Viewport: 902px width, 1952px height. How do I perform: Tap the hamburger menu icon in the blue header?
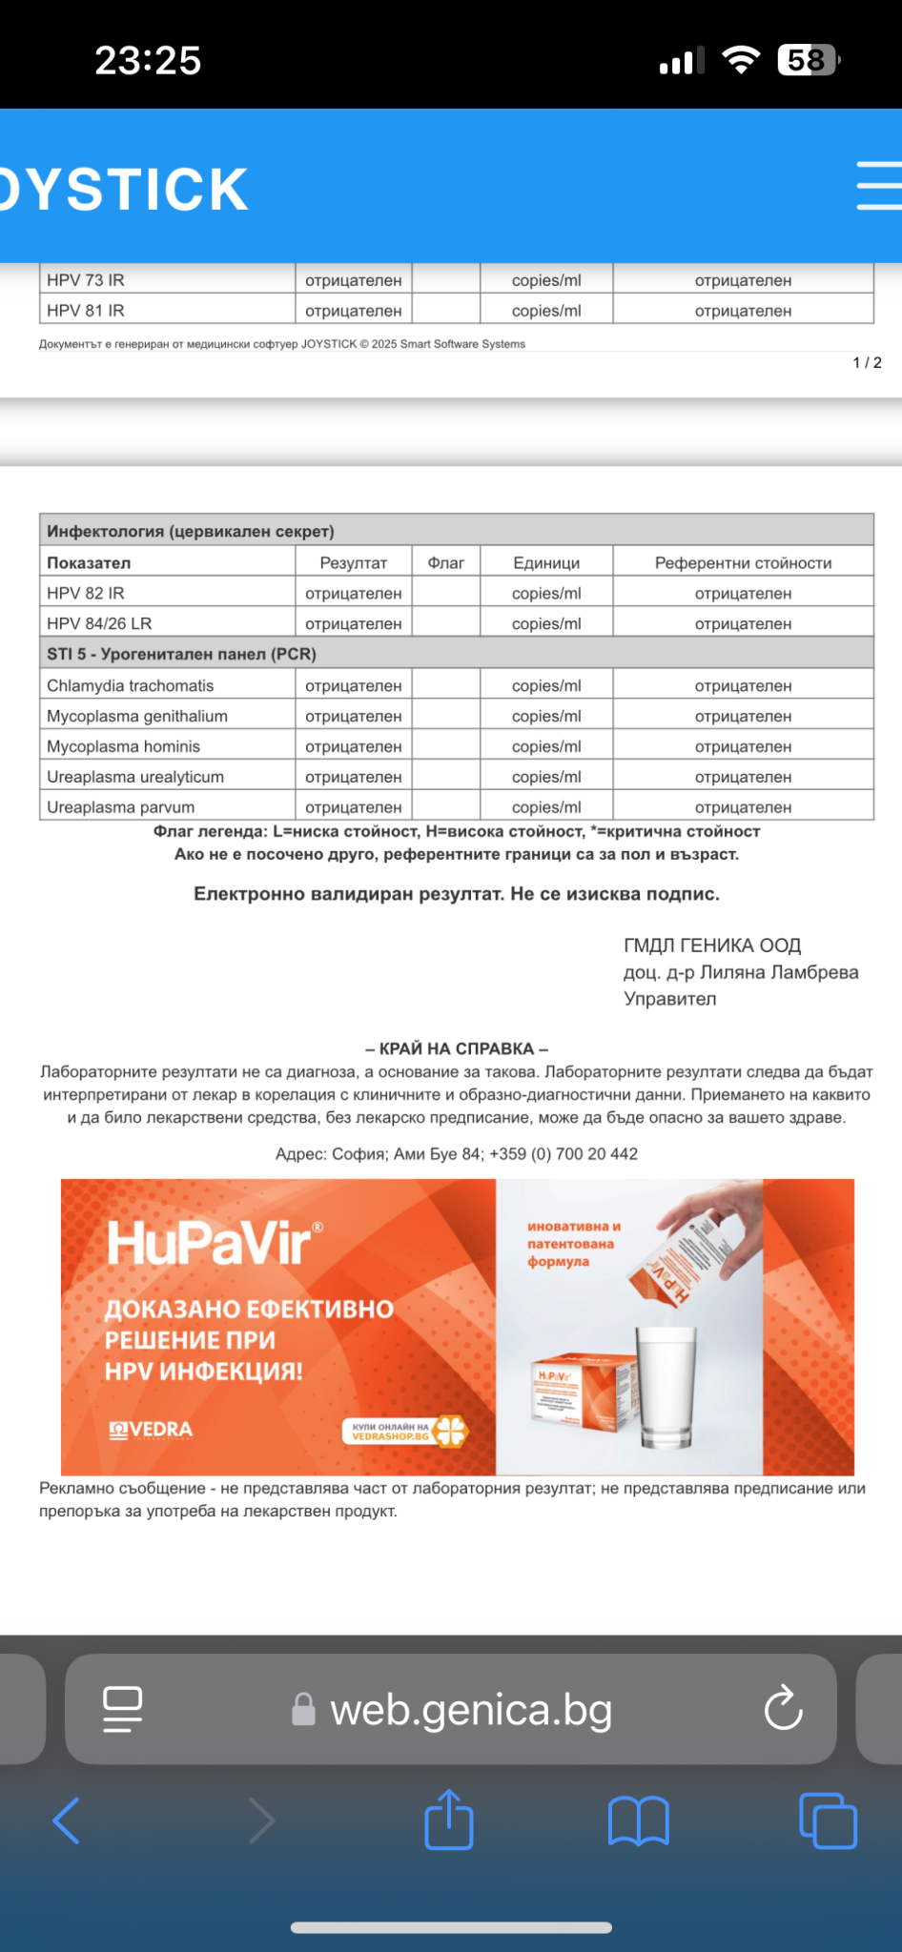pyautogui.click(x=878, y=185)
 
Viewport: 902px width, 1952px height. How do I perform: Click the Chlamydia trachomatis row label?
pyautogui.click(x=131, y=685)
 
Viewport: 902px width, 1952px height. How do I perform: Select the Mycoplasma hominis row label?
pyautogui.click(x=124, y=746)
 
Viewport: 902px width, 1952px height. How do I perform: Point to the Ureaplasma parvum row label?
pyautogui.click(x=121, y=807)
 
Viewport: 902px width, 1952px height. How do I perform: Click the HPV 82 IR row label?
pyautogui.click(x=86, y=593)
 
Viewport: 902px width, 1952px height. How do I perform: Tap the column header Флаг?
pyautogui.click(x=446, y=562)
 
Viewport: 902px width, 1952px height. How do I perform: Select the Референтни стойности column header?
pyautogui.click(x=743, y=562)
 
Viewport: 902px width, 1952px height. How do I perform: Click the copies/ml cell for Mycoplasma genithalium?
pyautogui.click(x=546, y=716)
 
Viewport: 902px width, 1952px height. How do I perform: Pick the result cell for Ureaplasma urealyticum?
pyautogui.click(x=354, y=777)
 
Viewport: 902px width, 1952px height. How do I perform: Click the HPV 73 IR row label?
pyautogui.click(x=86, y=280)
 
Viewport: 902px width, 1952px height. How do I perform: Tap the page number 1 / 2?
pyautogui.click(x=867, y=362)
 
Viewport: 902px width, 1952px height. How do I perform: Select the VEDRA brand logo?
pyautogui.click(x=153, y=1430)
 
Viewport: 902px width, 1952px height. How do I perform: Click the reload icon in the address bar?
pyautogui.click(x=784, y=1709)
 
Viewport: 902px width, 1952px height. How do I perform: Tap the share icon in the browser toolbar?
pyautogui.click(x=449, y=1820)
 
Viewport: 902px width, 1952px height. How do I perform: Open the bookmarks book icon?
pyautogui.click(x=638, y=1820)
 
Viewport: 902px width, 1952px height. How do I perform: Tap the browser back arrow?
pyautogui.click(x=67, y=1820)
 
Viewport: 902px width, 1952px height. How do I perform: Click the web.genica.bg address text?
pyautogui.click(x=471, y=1710)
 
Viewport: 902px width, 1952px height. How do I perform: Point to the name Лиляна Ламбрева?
pyautogui.click(x=779, y=972)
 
